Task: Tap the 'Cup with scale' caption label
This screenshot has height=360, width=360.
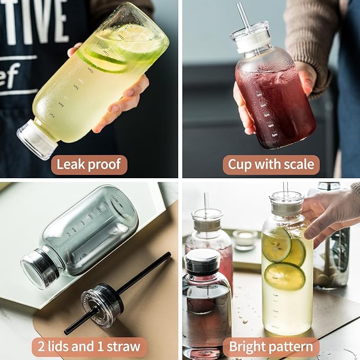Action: click(x=271, y=165)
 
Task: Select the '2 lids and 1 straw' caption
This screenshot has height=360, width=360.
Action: click(x=89, y=347)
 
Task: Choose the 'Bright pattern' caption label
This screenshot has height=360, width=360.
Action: click(x=271, y=347)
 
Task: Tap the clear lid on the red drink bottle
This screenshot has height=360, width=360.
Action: click(x=250, y=38)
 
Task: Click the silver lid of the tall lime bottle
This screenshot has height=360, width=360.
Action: click(x=286, y=204)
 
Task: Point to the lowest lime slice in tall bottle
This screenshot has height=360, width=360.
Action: click(x=284, y=275)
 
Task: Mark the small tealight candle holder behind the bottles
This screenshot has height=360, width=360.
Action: click(x=245, y=240)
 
